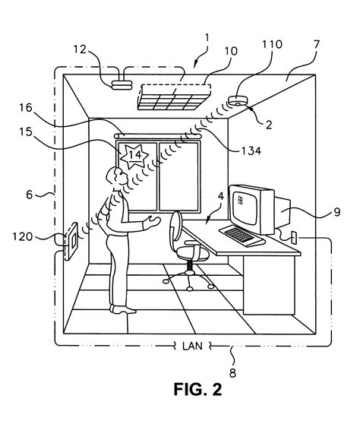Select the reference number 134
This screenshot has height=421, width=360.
pos(248,151)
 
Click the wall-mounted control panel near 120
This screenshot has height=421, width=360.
pos(72,241)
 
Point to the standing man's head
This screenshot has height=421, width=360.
pos(116,179)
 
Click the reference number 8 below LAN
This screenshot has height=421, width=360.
pos(232,373)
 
